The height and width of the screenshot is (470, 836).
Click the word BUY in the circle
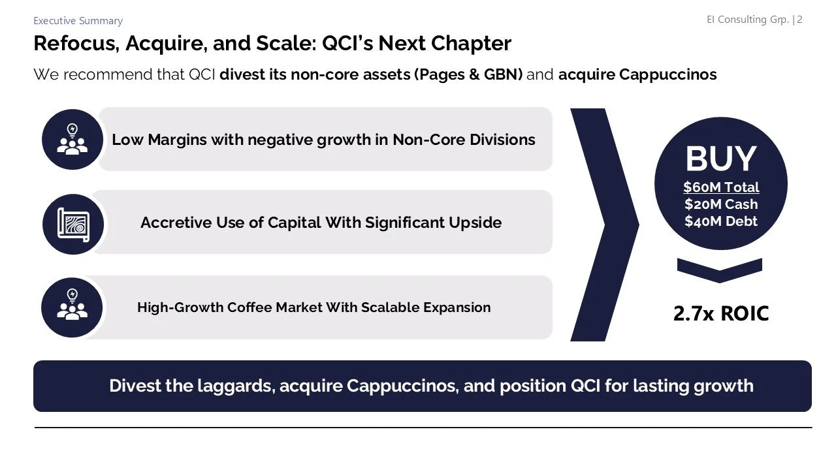click(x=720, y=159)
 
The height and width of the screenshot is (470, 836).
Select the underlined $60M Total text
click(x=721, y=187)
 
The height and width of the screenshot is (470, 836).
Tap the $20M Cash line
click(x=721, y=204)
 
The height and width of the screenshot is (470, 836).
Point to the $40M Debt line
click(x=721, y=221)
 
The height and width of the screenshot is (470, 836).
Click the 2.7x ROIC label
click(x=721, y=314)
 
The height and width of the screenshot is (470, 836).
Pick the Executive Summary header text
click(x=78, y=21)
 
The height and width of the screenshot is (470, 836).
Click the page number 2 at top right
click(x=799, y=20)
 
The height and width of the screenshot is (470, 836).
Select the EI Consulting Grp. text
click(x=747, y=20)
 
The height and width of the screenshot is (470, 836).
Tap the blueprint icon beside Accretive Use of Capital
click(x=73, y=224)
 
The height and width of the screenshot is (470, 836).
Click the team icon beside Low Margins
click(x=72, y=139)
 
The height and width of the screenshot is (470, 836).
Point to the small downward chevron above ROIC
click(x=719, y=270)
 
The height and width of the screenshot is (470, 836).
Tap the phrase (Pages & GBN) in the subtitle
click(x=468, y=74)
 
